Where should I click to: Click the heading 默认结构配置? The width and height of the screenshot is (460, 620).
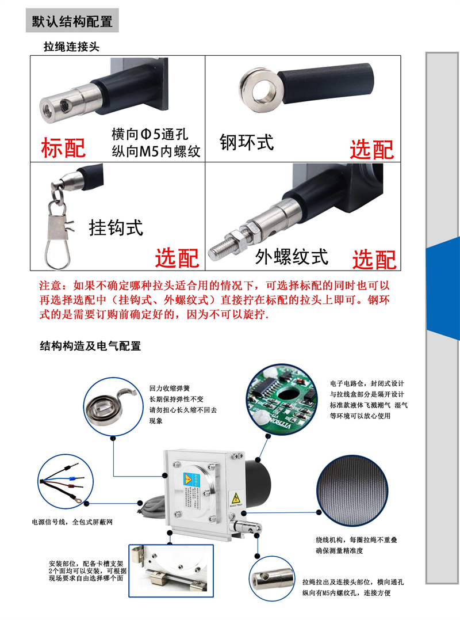[72, 21]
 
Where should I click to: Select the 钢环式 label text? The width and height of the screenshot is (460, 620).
[246, 142]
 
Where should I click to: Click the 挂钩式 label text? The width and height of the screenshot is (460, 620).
[116, 228]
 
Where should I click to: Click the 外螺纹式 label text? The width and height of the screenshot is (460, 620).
[292, 257]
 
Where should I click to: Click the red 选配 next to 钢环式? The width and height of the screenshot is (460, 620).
[371, 150]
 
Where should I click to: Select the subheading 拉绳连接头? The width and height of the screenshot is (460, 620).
[71, 47]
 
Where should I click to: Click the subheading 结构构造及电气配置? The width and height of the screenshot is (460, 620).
[90, 346]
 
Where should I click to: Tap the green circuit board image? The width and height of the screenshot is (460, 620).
[282, 400]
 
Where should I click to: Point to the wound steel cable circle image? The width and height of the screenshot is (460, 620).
[352, 490]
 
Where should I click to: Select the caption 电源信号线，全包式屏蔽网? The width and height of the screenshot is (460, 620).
[72, 522]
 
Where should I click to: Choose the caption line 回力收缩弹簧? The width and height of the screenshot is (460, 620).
[170, 388]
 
